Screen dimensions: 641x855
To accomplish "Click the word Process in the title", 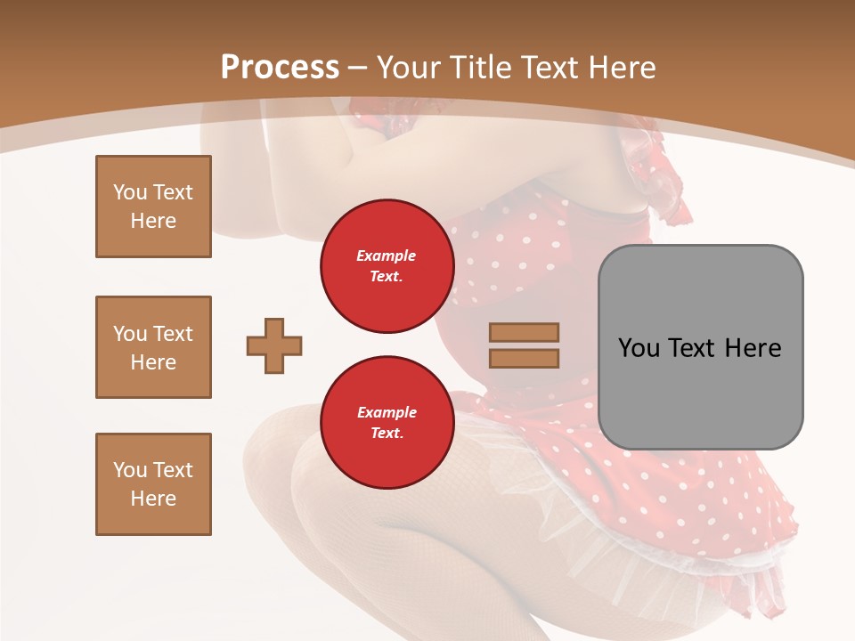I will point(280,68).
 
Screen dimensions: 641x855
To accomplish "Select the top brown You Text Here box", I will point(153,207).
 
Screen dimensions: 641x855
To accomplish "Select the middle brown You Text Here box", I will point(153,347).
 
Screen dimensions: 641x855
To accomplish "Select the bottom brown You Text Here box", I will point(153,484).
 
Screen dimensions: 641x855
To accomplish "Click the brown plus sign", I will point(274,345).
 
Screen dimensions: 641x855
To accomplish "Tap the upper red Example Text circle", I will point(387,266).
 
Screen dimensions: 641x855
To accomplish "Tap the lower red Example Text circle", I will point(387,423).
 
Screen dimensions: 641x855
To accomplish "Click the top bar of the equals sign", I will point(524,332).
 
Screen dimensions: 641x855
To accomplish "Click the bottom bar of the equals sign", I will point(524,358).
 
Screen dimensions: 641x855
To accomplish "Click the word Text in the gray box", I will point(693,348).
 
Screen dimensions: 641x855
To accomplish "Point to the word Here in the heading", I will point(621,68).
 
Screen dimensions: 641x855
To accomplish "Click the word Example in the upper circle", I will point(387,256).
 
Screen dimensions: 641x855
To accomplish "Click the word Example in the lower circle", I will point(387,413).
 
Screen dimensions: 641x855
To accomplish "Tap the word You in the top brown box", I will point(130,192).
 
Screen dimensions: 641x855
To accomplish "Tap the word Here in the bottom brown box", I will point(153,499).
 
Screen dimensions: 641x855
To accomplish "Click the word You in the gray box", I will point(639,348).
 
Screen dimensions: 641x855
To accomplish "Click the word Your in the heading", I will point(409,68).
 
